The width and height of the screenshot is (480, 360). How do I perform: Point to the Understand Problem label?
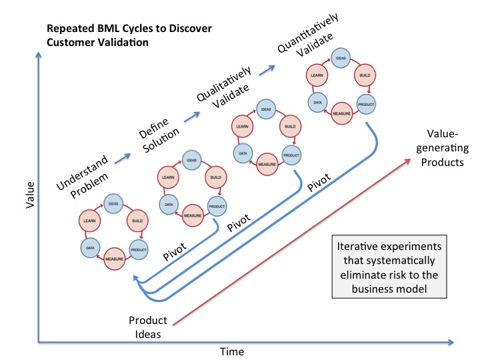75,180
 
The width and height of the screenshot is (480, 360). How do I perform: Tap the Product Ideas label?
148,327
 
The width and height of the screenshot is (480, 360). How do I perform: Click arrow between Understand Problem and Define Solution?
121,156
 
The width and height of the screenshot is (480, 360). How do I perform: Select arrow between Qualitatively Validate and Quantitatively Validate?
268,70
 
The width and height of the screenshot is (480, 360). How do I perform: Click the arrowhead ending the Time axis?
453,343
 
